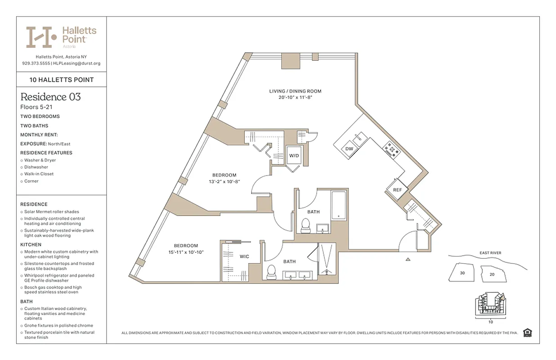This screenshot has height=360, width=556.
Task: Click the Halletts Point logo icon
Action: point(41,37)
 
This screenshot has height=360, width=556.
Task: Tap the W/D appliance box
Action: point(294,156)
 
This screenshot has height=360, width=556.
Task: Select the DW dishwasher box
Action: point(349,148)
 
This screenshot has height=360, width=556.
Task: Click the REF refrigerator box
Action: point(397,189)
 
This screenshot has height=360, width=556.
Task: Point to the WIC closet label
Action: point(244,256)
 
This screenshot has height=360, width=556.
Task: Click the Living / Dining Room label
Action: point(295,91)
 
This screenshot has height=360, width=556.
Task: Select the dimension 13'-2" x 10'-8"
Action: point(224,182)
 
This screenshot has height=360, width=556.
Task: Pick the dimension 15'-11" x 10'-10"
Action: point(186,252)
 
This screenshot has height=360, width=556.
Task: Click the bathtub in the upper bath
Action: point(338,206)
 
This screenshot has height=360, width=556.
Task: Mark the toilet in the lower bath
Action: point(271,272)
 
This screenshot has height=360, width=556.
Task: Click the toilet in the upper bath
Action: point(306,225)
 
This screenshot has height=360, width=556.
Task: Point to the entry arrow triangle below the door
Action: point(408,259)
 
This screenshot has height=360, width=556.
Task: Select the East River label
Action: point(490,253)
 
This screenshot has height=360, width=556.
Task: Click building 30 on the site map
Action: point(462,273)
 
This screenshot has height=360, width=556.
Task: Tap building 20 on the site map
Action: point(492,274)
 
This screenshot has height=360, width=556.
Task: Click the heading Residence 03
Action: point(50,97)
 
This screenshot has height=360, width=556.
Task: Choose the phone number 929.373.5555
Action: point(36,63)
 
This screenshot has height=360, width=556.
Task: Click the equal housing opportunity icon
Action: point(528,333)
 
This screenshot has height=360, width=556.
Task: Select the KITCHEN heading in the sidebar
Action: point(31,244)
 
